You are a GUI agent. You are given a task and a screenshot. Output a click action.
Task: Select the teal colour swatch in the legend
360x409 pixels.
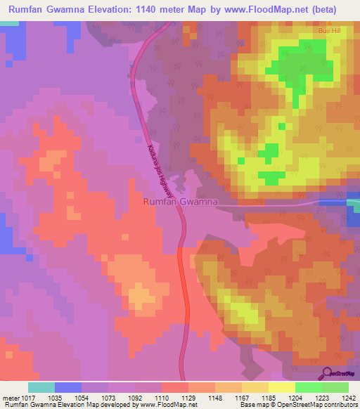point(41,387)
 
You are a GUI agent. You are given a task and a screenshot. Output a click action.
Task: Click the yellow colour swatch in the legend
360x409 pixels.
point(282,387)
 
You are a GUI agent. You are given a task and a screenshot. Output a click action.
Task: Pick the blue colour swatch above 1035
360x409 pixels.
point(68,387)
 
